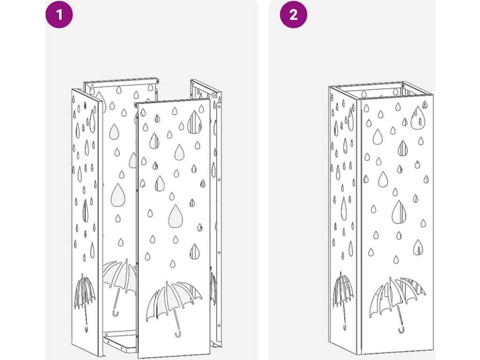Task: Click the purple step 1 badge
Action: point(60,14)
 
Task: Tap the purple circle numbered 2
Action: point(293,14)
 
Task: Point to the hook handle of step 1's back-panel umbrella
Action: point(115,314)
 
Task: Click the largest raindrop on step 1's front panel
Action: point(176,216)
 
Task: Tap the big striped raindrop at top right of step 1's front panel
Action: point(194,122)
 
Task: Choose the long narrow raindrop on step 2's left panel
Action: point(344,208)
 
